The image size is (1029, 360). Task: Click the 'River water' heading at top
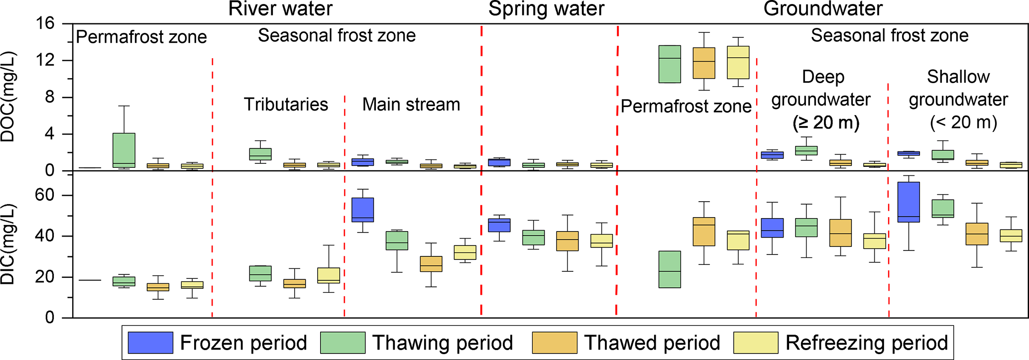pos(280,9)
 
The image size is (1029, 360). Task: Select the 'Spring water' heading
pos(546,9)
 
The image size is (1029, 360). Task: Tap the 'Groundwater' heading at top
pos(823,9)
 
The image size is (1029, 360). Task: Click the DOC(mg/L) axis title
pos(9,97)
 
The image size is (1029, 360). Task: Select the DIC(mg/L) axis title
pos(9,244)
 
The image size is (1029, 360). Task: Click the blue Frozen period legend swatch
pos(150,343)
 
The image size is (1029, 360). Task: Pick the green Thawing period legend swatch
pos(343,343)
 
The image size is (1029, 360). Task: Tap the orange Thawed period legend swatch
pos(555,343)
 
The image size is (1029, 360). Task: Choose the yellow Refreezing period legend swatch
pos(756,343)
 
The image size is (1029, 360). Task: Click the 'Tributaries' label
pos(286,105)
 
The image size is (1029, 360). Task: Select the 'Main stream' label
pos(411,105)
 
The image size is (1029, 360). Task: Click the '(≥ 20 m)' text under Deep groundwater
pos(826,122)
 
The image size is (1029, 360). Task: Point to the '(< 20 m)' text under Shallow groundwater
pos(963,122)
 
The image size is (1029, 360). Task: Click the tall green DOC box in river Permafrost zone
pos(124,150)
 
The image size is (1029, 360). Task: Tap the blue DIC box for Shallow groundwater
pos(909,202)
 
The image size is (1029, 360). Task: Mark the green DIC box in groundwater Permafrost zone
pos(670,269)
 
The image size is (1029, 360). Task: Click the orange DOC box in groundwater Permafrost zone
pos(704,63)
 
